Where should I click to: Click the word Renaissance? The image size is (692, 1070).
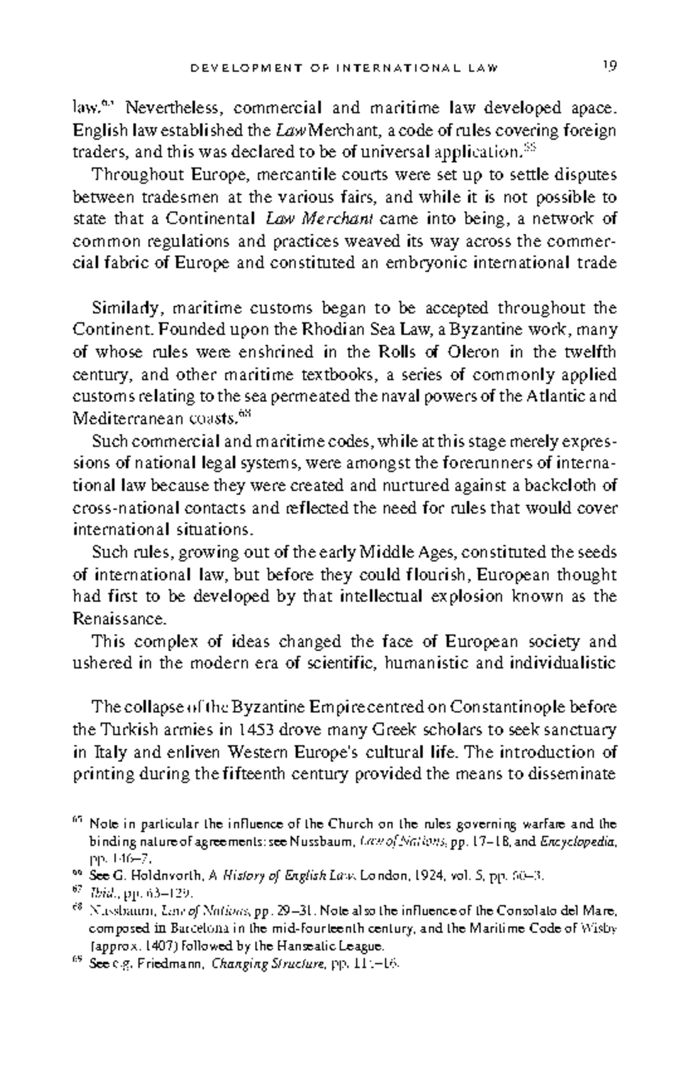[120, 619]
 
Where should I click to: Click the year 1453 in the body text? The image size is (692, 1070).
[255, 730]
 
